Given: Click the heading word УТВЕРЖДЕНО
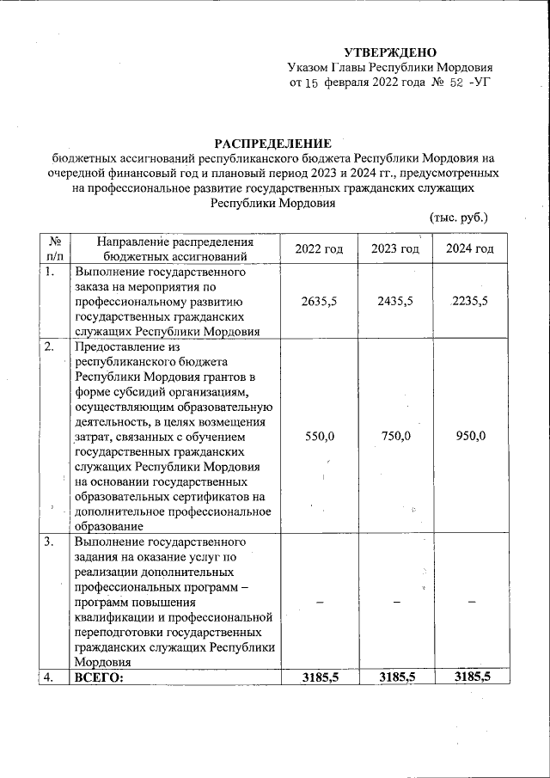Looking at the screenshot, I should (x=391, y=52).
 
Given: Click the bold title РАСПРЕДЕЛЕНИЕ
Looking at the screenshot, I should (x=272, y=143).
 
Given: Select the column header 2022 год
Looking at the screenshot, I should (x=319, y=248).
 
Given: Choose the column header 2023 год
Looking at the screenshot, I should (x=395, y=248).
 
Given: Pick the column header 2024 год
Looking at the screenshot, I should (x=470, y=248).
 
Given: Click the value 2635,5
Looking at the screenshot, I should (x=319, y=302).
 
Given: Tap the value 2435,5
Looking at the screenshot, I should (x=395, y=302).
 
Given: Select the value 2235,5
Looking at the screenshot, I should (x=470, y=302).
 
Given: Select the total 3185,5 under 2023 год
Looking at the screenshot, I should (x=395, y=677).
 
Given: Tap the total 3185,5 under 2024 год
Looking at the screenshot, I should (x=470, y=677).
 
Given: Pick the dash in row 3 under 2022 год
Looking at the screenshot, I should (x=319, y=603).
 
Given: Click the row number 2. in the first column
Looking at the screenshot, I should (x=50, y=347).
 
